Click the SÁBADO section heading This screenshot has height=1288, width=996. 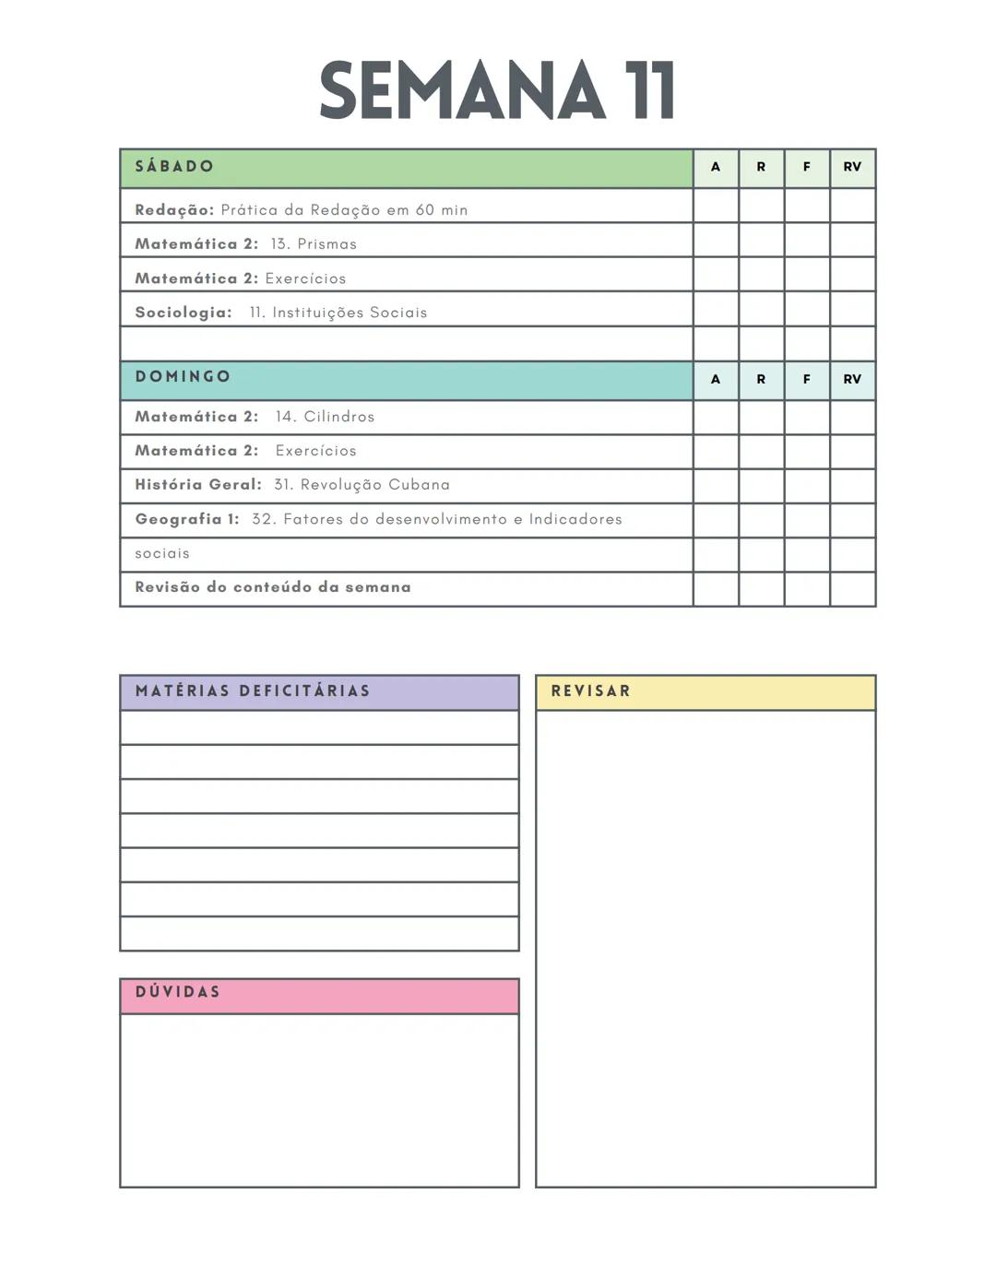point(174,167)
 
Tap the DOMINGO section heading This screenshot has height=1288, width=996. point(183,377)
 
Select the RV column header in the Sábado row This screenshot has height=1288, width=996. point(852,168)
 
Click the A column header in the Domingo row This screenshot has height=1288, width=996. point(716,380)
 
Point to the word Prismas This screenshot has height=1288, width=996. point(326,244)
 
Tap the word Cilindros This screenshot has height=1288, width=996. point(338,417)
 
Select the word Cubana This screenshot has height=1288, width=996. point(419,485)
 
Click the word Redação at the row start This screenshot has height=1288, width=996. point(174,210)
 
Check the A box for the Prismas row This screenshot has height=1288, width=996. point(716,240)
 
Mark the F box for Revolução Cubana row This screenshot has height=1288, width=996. point(807,486)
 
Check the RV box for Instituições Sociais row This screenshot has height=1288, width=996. point(852,309)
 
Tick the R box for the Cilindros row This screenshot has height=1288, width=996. point(762,418)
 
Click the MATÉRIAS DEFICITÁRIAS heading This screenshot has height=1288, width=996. point(253,691)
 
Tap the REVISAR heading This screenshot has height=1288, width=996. point(591,691)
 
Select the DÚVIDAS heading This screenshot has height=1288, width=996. point(178,993)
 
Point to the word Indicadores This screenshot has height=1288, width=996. point(575,520)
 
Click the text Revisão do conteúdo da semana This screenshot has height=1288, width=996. point(273,587)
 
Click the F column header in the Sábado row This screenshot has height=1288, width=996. point(807,168)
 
